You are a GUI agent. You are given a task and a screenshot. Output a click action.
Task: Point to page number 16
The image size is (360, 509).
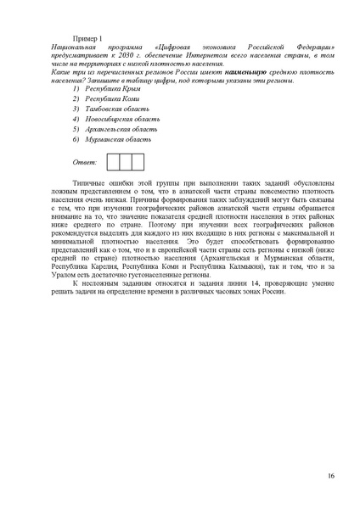coord(330,476)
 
